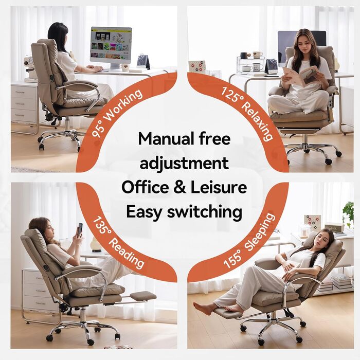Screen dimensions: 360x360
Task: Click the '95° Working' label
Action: [x=116, y=113]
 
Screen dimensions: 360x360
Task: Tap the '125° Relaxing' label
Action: [x=247, y=114]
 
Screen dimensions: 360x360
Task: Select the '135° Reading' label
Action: [x=119, y=242]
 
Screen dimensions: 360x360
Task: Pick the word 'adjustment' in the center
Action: [x=184, y=163]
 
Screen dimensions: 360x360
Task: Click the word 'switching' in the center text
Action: [x=205, y=212]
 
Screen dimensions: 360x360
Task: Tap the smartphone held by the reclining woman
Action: [x=80, y=229]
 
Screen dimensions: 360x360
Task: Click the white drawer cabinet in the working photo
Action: [x=24, y=104]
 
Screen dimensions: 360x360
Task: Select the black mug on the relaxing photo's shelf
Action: [x=243, y=56]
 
